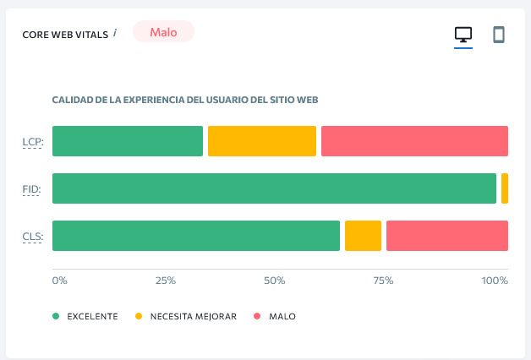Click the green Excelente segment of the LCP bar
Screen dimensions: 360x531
(128, 141)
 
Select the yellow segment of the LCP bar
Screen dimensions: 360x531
(262, 141)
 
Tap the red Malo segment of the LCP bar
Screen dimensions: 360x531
(414, 141)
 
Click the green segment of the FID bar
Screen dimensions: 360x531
(274, 188)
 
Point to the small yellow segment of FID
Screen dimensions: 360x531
(505, 188)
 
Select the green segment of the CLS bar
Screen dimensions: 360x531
(196, 236)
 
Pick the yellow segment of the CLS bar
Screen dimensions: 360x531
(363, 236)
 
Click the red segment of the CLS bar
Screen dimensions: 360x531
(447, 236)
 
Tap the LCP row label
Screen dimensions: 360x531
(33, 142)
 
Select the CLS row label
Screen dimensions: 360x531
(33, 237)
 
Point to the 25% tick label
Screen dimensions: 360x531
(166, 281)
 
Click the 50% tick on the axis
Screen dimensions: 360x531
(275, 281)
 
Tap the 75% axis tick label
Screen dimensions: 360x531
(384, 281)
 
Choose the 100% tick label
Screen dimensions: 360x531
(495, 281)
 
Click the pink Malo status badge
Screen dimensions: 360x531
(163, 32)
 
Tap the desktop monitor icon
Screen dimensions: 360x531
(463, 35)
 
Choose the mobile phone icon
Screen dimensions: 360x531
(499, 35)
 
